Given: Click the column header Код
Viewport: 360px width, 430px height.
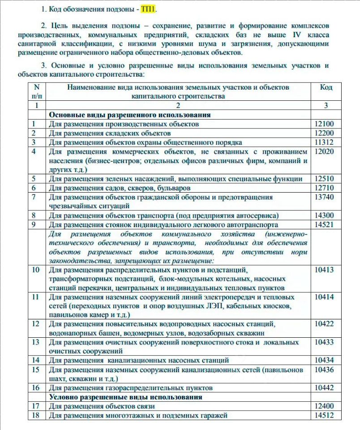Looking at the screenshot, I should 326,87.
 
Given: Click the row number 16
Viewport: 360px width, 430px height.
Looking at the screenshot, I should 36,387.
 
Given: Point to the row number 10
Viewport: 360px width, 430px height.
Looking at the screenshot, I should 36,270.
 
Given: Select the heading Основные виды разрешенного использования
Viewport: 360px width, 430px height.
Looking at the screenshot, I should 130,115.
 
